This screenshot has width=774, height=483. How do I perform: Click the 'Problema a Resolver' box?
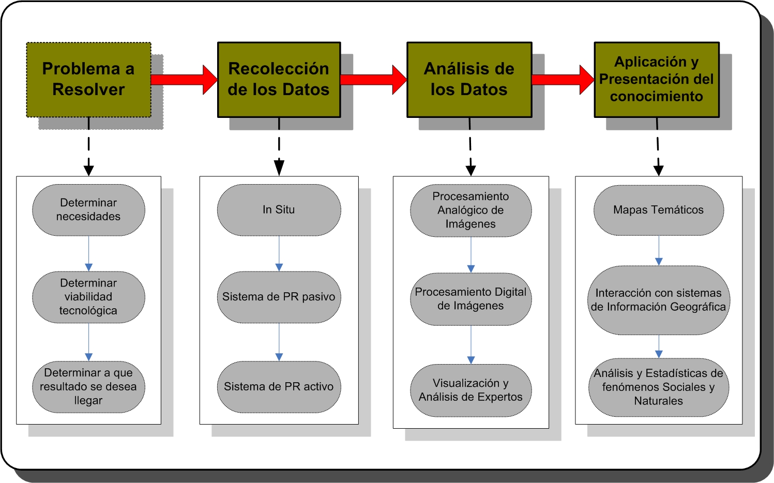coord(88,80)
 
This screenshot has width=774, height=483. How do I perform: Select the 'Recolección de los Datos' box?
coord(279,80)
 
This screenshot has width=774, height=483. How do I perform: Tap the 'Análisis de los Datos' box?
coord(469,80)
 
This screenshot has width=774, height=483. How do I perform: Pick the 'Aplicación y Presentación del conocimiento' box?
coord(656,80)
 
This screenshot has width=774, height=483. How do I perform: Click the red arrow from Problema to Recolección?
coord(184,80)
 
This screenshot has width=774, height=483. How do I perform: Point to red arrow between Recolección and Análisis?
coord(373,80)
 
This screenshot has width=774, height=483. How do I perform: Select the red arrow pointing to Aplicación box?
coord(563,80)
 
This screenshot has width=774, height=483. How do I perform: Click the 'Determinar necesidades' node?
coord(88,210)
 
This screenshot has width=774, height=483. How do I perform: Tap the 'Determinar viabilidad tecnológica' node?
coord(88,297)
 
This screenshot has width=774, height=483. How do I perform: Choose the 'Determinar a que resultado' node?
coord(88,387)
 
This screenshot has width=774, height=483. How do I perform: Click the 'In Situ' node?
coord(279,210)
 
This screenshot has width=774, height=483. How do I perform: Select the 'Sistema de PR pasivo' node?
coord(279,297)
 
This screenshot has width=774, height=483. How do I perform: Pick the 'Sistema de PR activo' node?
coord(279,387)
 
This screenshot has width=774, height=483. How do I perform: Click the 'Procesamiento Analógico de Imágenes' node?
coord(471,210)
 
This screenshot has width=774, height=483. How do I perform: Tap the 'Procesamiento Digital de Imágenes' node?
coord(471,299)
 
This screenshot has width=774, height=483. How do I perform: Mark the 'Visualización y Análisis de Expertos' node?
coord(471,390)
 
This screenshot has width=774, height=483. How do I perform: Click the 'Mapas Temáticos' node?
coord(658,210)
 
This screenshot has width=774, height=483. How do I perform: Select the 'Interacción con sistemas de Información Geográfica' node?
coord(658,300)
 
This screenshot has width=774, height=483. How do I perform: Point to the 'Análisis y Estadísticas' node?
coord(658,387)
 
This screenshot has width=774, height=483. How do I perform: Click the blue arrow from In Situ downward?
coord(279,253)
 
